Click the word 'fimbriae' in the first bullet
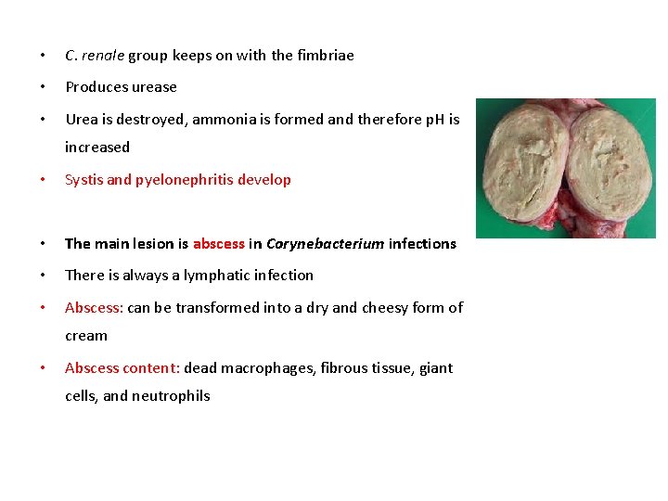click(325, 55)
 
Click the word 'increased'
click(97, 147)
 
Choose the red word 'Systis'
click(83, 180)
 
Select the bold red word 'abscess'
click(219, 244)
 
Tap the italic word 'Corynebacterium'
click(325, 244)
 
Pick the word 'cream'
click(86, 336)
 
